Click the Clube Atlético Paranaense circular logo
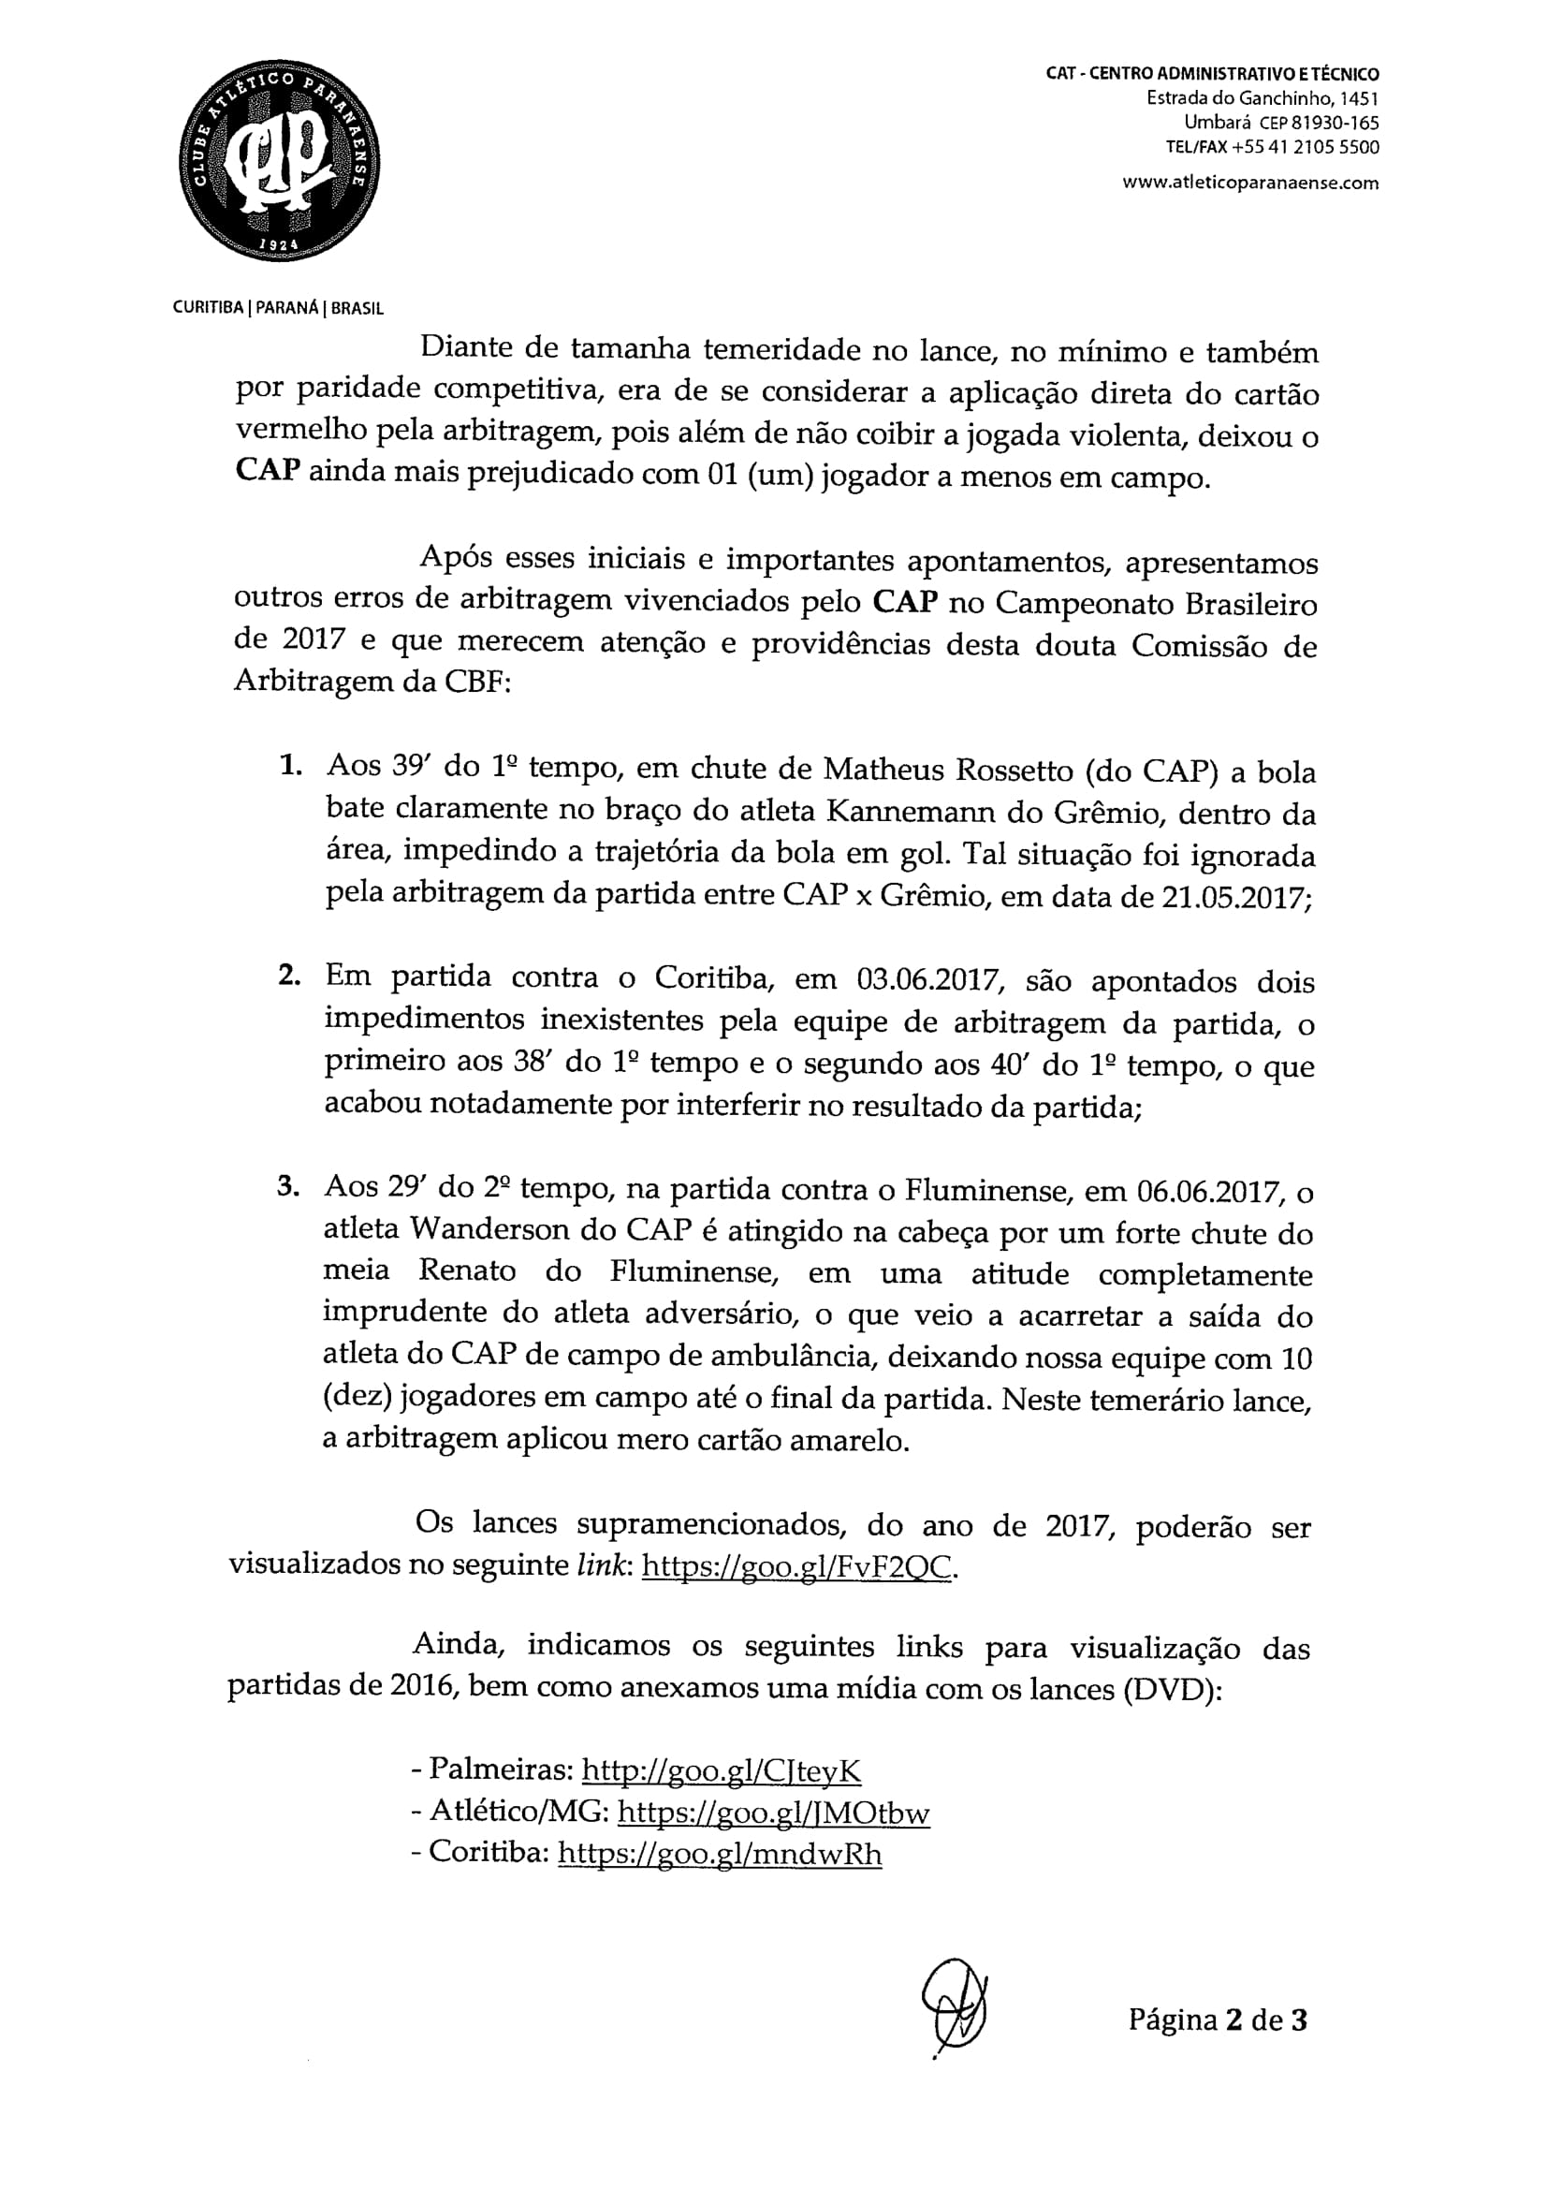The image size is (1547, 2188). point(278,161)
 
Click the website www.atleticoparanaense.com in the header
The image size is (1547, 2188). point(1249,183)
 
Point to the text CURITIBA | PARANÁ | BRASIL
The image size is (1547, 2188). point(278,309)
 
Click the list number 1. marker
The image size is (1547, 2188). point(289,765)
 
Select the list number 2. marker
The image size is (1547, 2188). point(289,977)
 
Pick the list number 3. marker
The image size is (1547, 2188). point(288,1187)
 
